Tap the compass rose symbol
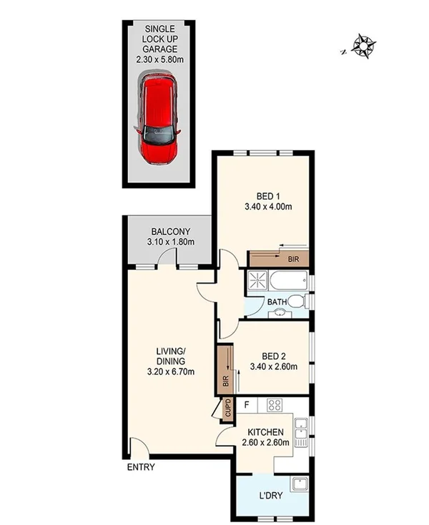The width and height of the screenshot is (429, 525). tap(364, 47)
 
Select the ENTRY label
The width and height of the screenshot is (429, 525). tap(140, 468)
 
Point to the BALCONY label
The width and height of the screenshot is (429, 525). tap(170, 231)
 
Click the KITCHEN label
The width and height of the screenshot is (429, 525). tap(266, 432)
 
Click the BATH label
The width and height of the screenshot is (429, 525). tap(277, 301)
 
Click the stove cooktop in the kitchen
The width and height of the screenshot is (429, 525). tap(275, 406)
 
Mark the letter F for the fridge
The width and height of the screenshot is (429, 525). tap(247, 405)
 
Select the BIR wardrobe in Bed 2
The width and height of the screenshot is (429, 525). tap(225, 369)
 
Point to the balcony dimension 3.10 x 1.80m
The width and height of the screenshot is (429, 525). tap(170, 243)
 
